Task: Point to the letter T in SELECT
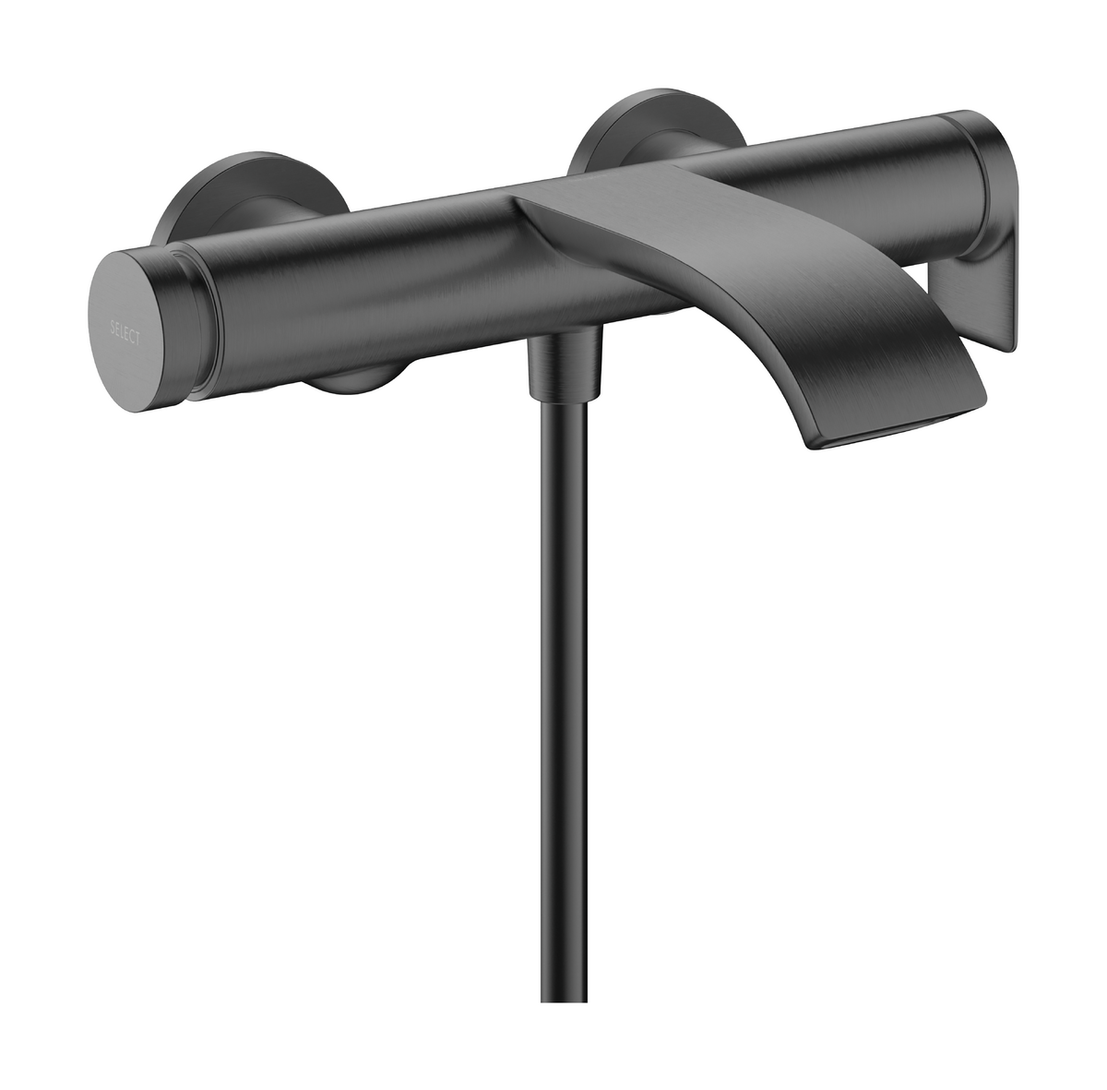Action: tap(138, 340)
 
